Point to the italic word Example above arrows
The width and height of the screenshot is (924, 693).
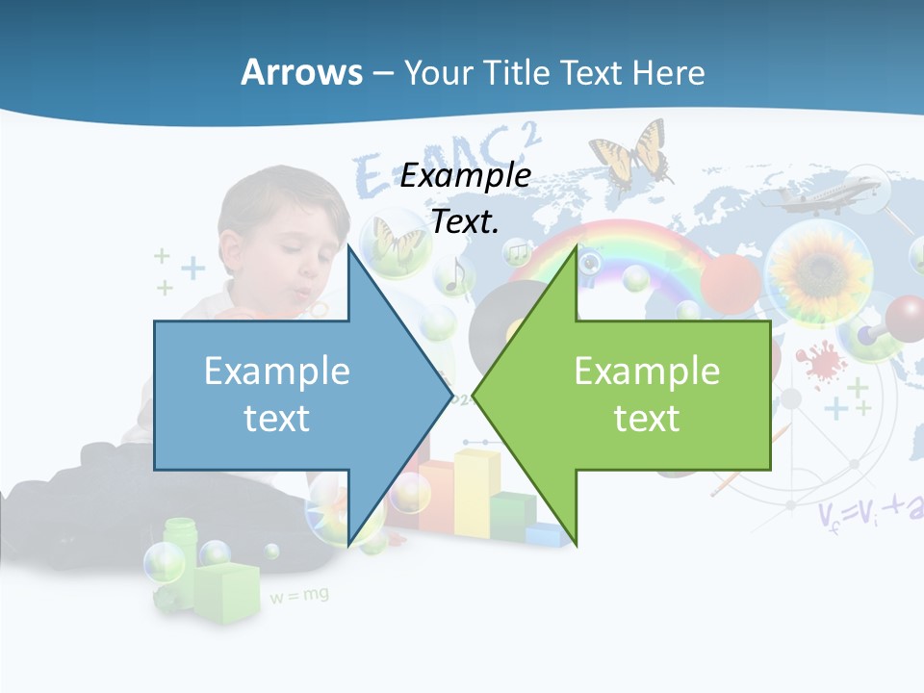(465, 175)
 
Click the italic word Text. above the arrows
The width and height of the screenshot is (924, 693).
(465, 221)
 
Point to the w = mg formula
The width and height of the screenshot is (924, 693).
(298, 596)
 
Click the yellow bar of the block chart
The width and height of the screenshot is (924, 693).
(476, 491)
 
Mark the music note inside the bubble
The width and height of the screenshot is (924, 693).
(455, 275)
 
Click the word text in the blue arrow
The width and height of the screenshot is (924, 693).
(276, 418)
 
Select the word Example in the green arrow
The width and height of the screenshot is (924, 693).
(647, 371)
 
